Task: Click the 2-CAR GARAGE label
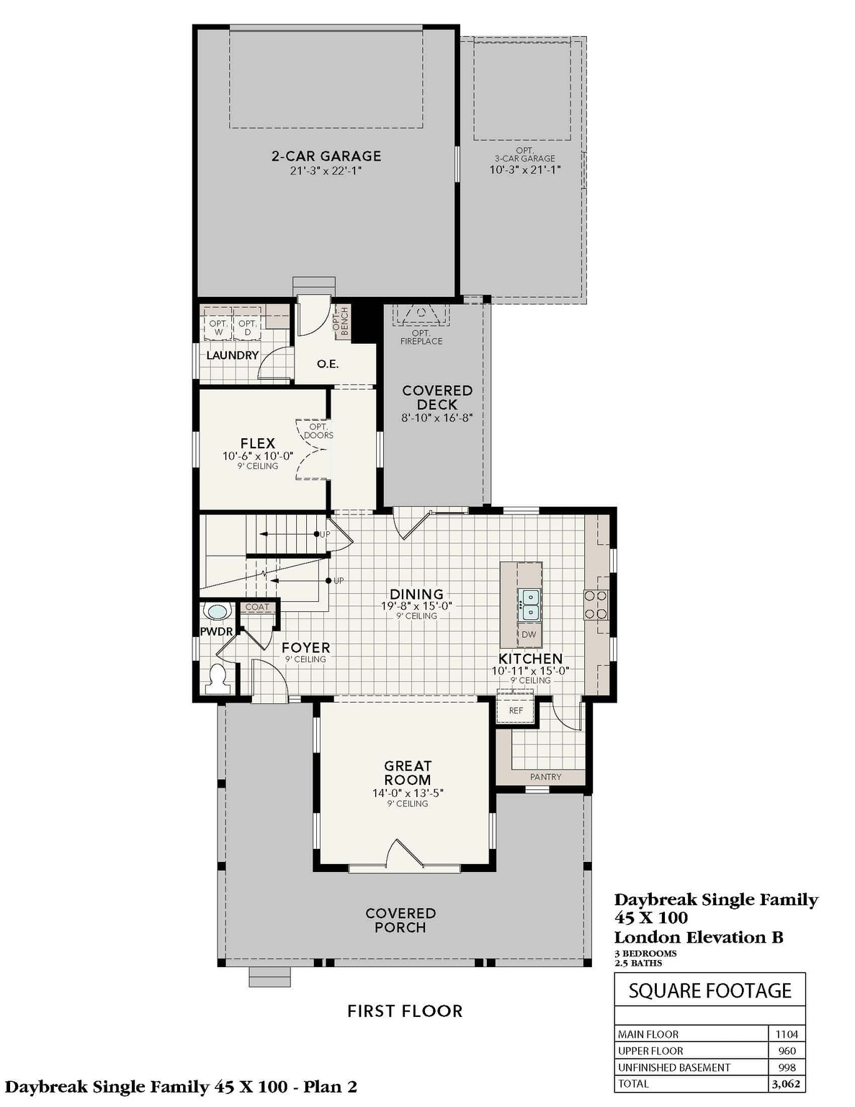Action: pos(326,156)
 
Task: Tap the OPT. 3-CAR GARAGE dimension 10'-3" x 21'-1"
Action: pos(525,170)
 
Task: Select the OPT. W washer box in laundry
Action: pos(218,328)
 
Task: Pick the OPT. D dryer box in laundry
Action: pos(247,328)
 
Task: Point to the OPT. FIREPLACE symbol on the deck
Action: pos(421,314)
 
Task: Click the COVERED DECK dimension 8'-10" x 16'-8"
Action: pos(437,418)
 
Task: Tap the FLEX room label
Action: pos(257,443)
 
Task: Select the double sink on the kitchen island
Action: pos(529,604)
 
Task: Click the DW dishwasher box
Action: pos(529,634)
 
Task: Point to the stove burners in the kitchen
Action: pos(596,605)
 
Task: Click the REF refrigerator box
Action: pos(516,710)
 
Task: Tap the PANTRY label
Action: pos(545,777)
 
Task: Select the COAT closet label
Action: pos(256,607)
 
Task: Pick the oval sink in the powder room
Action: pos(216,612)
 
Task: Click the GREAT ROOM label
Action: pos(408,773)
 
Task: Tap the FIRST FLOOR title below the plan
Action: pos(405,1011)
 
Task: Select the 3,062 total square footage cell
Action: pos(786,1084)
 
